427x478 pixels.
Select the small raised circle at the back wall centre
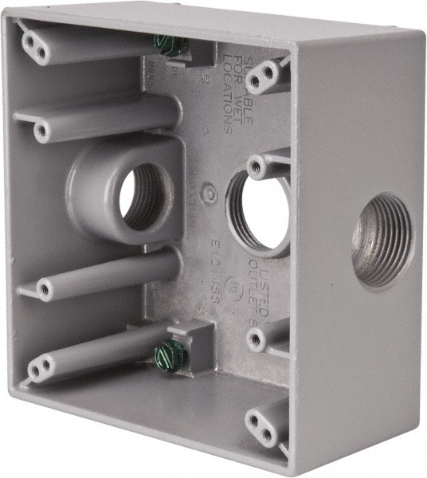209,191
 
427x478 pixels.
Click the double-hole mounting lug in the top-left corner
34,45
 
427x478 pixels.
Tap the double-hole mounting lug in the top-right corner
264,77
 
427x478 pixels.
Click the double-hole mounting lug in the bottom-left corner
39,367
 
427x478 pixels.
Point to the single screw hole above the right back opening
256,167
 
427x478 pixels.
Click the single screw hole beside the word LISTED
255,339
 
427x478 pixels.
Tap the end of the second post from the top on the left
41,130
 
